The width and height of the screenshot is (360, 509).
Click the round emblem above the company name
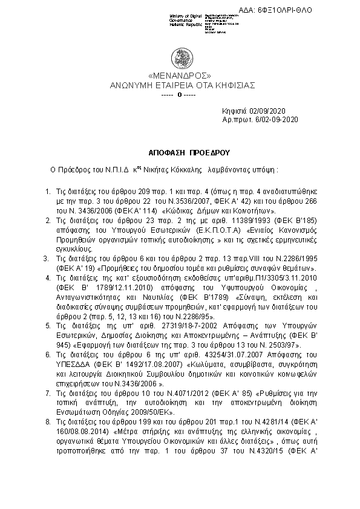coord(180,57)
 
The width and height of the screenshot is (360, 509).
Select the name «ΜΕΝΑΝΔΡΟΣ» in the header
coord(180,76)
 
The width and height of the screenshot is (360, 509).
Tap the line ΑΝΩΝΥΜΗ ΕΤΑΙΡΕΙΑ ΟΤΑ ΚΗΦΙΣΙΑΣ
coord(180,85)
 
